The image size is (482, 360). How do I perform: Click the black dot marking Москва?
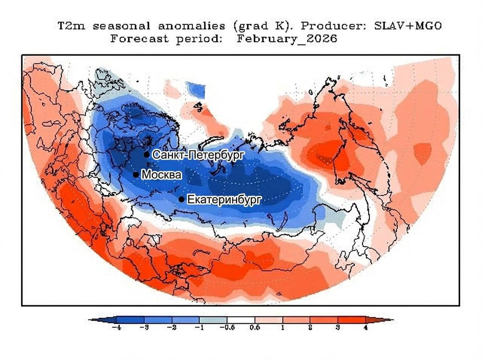[x=136, y=174]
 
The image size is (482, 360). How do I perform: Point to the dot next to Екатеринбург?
[x=182, y=199]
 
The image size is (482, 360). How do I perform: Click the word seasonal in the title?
[x=121, y=27]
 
